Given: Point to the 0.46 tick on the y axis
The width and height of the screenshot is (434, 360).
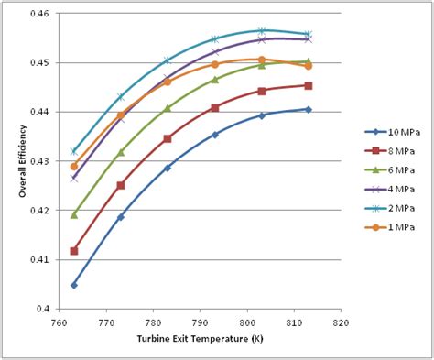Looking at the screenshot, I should (x=41, y=14).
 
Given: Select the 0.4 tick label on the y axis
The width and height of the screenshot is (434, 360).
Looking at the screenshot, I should (x=46, y=309).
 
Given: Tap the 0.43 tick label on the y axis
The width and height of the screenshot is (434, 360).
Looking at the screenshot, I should (x=41, y=161).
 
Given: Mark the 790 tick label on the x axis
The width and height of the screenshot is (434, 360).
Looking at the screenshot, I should (x=200, y=322).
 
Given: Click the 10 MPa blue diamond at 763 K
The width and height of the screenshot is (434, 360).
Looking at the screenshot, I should (x=74, y=285).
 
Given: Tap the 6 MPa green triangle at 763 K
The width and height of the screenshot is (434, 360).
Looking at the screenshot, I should (x=74, y=214).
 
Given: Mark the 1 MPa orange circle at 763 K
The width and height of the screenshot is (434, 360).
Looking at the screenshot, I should (x=74, y=167).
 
